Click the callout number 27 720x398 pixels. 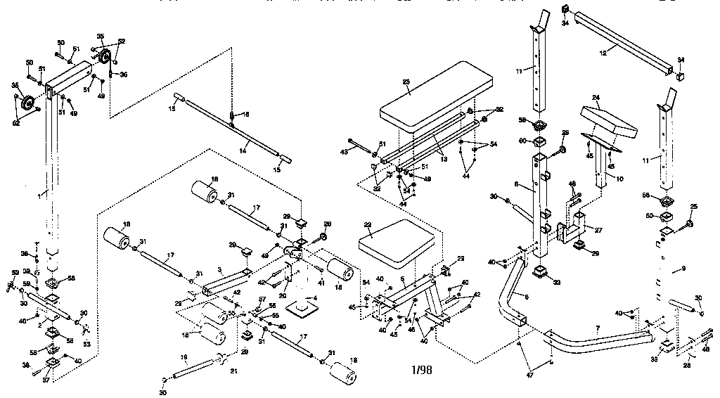(x=599, y=229)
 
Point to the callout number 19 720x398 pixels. (x=183, y=357)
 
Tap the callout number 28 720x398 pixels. (x=688, y=364)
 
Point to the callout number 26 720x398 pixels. (x=327, y=225)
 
